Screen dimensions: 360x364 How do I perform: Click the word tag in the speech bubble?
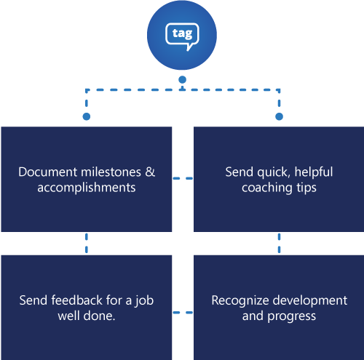click(181, 33)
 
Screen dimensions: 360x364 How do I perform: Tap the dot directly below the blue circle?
click(182, 79)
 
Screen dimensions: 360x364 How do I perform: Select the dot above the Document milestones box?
click(87, 116)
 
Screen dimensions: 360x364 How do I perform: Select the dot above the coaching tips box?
click(278, 116)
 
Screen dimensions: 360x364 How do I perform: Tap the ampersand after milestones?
click(151, 172)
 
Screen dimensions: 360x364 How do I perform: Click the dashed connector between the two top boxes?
click(183, 178)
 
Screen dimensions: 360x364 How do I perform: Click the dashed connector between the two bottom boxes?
click(183, 314)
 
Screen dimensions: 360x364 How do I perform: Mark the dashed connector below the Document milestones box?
click(87, 243)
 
